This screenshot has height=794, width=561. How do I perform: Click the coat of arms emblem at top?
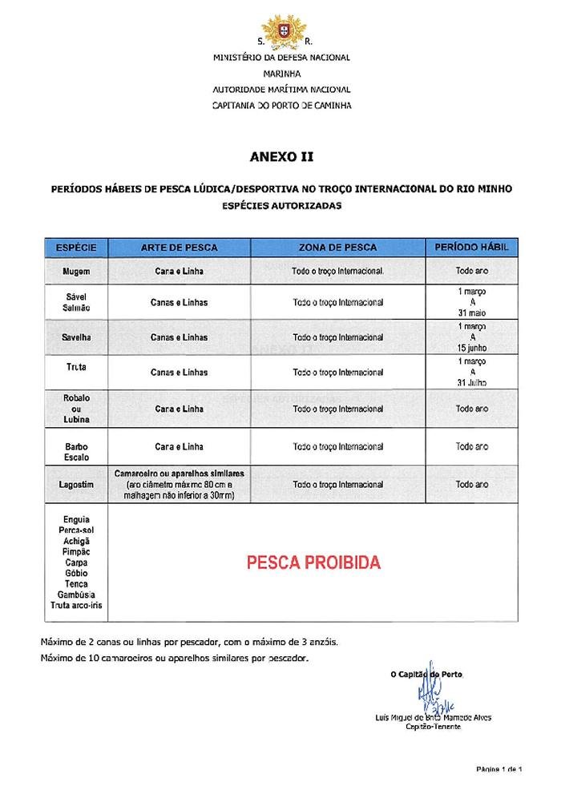[281, 30]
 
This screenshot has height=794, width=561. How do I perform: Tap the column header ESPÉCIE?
[76, 248]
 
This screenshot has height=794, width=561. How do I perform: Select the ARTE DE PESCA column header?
[179, 248]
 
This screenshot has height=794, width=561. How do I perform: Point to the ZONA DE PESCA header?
[337, 248]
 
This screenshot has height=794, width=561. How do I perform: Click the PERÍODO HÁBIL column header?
[471, 248]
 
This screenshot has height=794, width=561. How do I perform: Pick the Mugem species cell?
[76, 271]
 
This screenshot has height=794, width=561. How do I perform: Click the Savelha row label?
[76, 337]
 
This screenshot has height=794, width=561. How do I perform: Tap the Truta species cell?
[76, 367]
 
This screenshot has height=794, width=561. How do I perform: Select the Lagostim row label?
[76, 485]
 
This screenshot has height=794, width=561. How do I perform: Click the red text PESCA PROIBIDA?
[313, 562]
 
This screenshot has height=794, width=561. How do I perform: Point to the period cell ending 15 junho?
[471, 337]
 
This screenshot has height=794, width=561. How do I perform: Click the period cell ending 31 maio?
[471, 302]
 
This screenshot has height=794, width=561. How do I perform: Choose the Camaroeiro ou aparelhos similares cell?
[179, 485]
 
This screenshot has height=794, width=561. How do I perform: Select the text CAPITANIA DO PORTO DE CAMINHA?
[281, 105]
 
